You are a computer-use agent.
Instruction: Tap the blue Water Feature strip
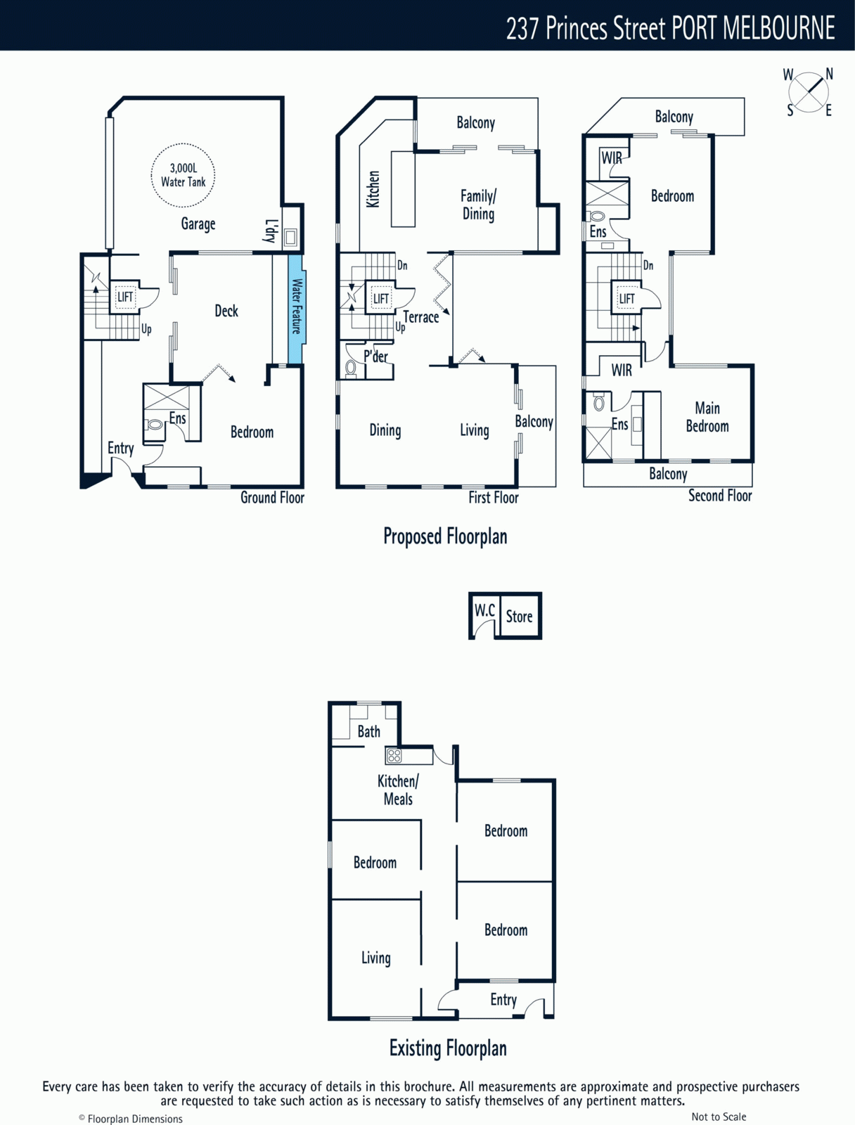296,309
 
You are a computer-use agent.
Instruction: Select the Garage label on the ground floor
198,224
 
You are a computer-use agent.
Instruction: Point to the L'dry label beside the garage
271,231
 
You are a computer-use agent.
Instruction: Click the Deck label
226,311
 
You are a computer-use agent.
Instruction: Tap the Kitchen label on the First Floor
373,189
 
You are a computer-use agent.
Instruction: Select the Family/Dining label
478,205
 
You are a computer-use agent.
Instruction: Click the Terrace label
421,317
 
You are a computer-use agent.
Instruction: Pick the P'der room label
375,356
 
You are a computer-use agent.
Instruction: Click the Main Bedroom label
707,417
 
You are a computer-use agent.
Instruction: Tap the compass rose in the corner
809,92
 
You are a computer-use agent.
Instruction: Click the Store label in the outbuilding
519,616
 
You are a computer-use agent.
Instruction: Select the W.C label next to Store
484,610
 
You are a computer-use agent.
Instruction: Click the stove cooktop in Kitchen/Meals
394,755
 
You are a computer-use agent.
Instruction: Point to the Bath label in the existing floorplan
369,731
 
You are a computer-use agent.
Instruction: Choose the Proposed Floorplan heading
445,537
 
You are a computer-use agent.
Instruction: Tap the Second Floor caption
720,496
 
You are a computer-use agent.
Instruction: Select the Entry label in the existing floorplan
503,999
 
